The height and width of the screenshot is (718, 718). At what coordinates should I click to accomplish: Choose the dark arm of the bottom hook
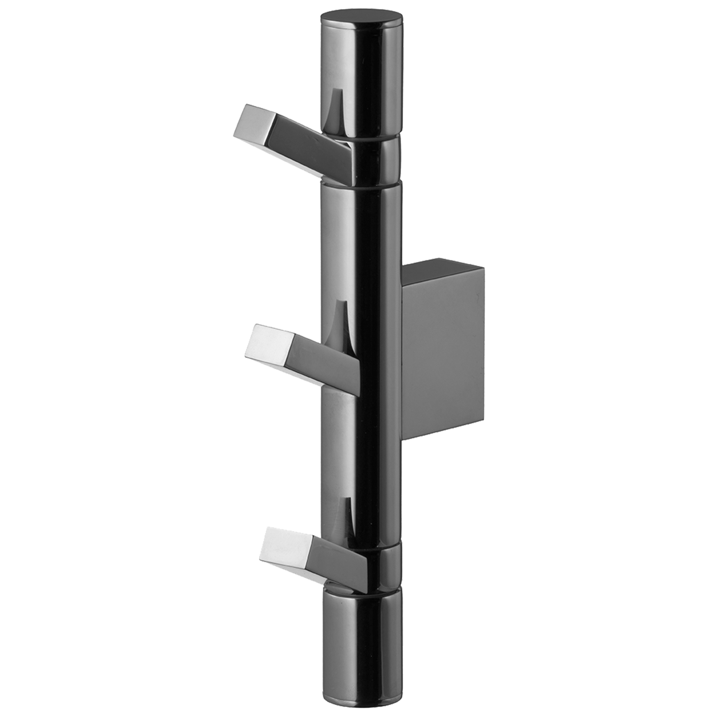click(335, 565)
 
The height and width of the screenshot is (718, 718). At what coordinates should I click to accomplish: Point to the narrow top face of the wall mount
click(443, 268)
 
